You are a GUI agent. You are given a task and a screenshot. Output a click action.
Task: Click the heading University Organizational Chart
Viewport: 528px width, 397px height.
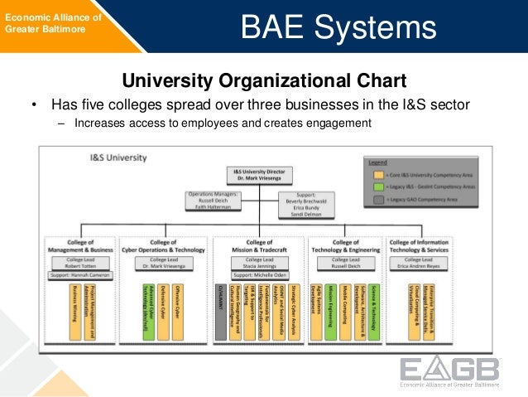[264, 80]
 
